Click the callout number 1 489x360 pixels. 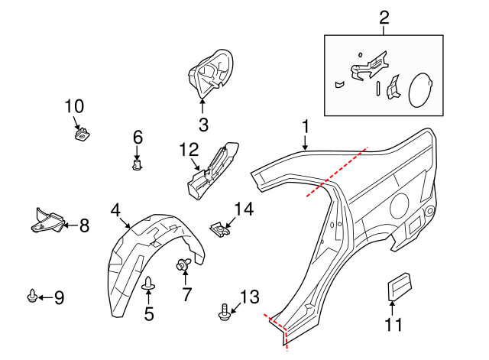306,126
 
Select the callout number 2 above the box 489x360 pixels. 384,17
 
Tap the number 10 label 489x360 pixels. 75,106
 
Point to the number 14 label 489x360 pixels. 243,209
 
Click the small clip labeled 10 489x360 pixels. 80,135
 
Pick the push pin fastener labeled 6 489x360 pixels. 138,163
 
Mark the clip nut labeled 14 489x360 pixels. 220,228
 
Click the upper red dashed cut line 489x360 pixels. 337,173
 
